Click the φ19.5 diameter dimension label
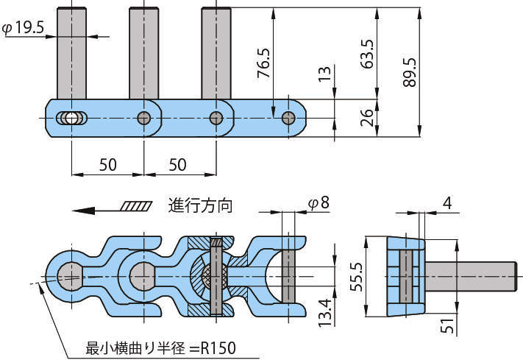point(25,28)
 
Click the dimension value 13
point(324,74)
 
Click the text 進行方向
point(200,205)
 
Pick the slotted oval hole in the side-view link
point(71,118)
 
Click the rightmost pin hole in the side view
point(289,118)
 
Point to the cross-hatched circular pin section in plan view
point(215,278)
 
